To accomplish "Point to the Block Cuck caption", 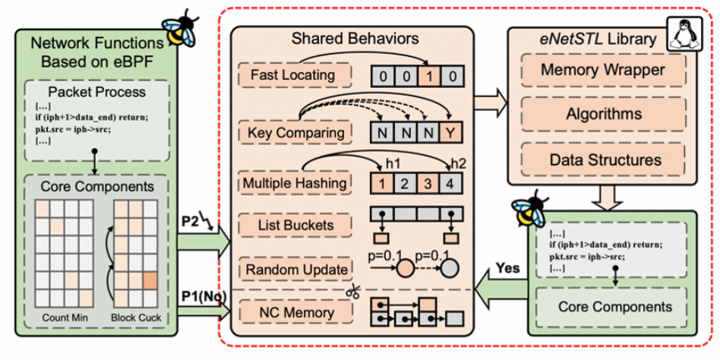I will pyautogui.click(x=136, y=317).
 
